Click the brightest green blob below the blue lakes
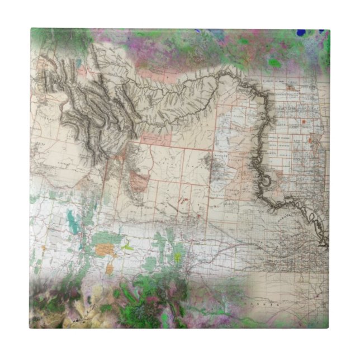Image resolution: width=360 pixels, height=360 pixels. [x=274, y=63]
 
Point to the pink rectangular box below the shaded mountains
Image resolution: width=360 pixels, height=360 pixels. [x=156, y=137]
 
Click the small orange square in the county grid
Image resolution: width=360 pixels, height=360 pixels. [x=304, y=121]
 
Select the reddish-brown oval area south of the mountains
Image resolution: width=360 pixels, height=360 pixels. [x=140, y=182]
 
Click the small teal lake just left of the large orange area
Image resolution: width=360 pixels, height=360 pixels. [x=85, y=245]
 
